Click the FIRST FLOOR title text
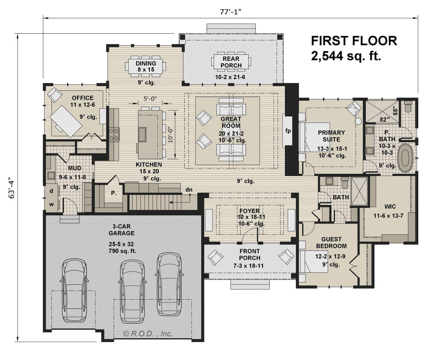pyautogui.click(x=354, y=41)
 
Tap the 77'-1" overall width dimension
pyautogui.click(x=231, y=12)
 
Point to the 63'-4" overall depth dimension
pyautogui.click(x=12, y=188)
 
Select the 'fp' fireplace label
pyautogui.click(x=288, y=131)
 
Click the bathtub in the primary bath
pyautogui.click(x=405, y=157)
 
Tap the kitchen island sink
pyautogui.click(x=142, y=134)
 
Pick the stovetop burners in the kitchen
pyautogui.click(x=114, y=135)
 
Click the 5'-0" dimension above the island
pyautogui.click(x=150, y=98)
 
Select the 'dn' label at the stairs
pyautogui.click(x=189, y=189)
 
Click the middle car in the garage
pyautogui.click(x=133, y=291)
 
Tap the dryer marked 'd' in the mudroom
pyautogui.click(x=51, y=191)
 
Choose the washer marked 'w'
pyautogui.click(x=51, y=205)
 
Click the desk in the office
pyautogui.click(x=66, y=121)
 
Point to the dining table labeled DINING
pyautogui.click(x=145, y=66)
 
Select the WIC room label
pyautogui.click(x=390, y=206)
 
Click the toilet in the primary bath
pyautogui.click(x=408, y=106)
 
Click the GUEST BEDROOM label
pyautogui.click(x=331, y=242)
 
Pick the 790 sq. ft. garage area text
pyautogui.click(x=122, y=251)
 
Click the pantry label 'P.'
pyautogui.click(x=113, y=193)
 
